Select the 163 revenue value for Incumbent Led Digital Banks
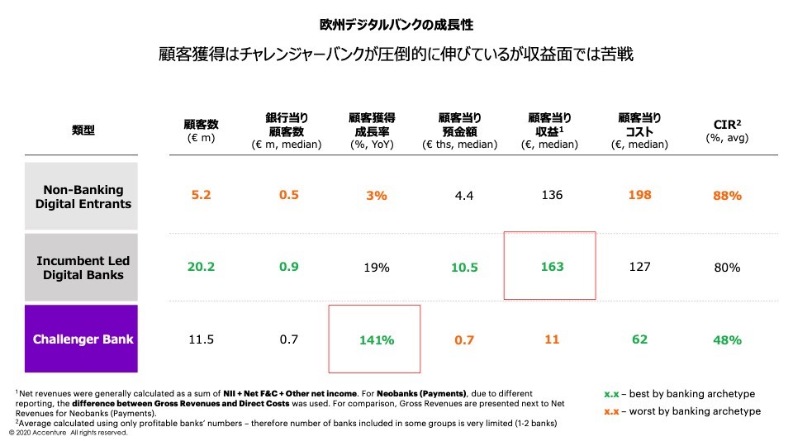[x=552, y=267]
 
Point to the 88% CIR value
[x=728, y=196]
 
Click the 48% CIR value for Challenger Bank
[x=728, y=339]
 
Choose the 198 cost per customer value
[x=639, y=196]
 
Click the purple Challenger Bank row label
[x=83, y=339]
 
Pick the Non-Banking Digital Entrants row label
[x=83, y=197]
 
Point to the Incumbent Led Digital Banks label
[x=83, y=268]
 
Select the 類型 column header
[x=83, y=130]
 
